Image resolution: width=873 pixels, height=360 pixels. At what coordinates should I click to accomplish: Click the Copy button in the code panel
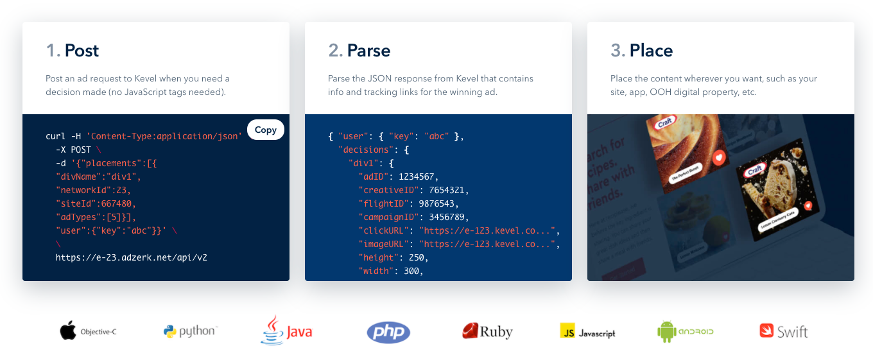coord(265,130)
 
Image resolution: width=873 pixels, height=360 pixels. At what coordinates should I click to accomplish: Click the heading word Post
coord(82,51)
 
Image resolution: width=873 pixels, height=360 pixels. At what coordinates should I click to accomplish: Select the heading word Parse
coord(368,51)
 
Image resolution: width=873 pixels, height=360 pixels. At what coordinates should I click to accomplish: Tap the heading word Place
coord(651,51)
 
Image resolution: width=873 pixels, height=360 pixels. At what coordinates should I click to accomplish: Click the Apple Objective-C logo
coord(88,332)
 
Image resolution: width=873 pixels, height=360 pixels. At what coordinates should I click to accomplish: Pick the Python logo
coord(190,331)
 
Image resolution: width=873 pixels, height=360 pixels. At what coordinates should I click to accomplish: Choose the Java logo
coord(286,330)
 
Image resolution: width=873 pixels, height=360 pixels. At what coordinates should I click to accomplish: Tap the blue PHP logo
coord(388,332)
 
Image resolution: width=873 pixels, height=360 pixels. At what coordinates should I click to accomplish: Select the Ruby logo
coord(487,331)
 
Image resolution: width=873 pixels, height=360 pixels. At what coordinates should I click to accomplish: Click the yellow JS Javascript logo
coord(587,332)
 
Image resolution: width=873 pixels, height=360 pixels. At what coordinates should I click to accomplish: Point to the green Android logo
coord(685,332)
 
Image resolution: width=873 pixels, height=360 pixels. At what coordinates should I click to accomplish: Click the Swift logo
coord(783,332)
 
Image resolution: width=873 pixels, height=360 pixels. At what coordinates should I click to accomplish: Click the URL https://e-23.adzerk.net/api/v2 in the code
coord(131,257)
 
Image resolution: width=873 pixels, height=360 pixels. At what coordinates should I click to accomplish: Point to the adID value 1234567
coord(418,176)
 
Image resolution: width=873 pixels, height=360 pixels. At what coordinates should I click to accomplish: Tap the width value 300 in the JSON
coord(412,271)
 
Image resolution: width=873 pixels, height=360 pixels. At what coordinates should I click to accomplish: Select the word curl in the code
coord(56,136)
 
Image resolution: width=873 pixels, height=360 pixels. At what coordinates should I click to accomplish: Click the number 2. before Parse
coord(335,51)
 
